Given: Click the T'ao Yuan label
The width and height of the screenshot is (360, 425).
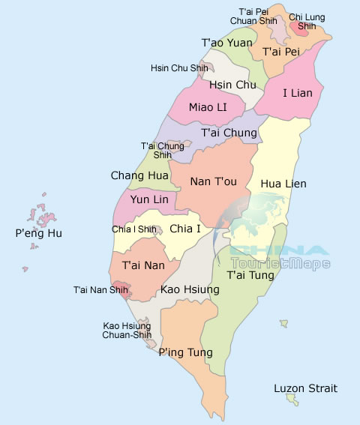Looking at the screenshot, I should click(x=227, y=43).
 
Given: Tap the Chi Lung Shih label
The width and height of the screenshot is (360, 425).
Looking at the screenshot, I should click(x=306, y=21).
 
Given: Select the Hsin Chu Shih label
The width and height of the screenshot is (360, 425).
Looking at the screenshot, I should click(x=179, y=68).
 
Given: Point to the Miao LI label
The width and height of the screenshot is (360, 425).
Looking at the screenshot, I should click(x=208, y=107).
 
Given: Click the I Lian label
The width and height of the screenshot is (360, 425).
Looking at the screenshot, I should click(x=302, y=93).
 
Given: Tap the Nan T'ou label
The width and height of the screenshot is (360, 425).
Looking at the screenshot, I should click(x=214, y=181).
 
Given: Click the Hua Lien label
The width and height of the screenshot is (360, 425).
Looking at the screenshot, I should click(x=283, y=183).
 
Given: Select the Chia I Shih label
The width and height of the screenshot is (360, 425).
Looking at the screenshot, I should click(x=133, y=229).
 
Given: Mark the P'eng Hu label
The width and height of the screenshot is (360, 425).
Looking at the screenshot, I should click(x=39, y=233).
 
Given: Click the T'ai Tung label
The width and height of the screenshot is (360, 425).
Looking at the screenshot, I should click(x=251, y=274).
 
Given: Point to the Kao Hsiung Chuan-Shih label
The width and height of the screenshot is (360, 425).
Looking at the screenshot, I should click(x=127, y=331).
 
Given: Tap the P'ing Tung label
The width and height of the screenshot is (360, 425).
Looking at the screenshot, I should click(x=185, y=352).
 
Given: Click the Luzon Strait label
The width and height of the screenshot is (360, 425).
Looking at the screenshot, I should click(x=305, y=388).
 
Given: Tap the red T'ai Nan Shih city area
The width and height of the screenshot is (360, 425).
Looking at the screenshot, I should click(x=124, y=289).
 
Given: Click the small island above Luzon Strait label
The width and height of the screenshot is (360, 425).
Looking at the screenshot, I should click(x=284, y=324).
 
